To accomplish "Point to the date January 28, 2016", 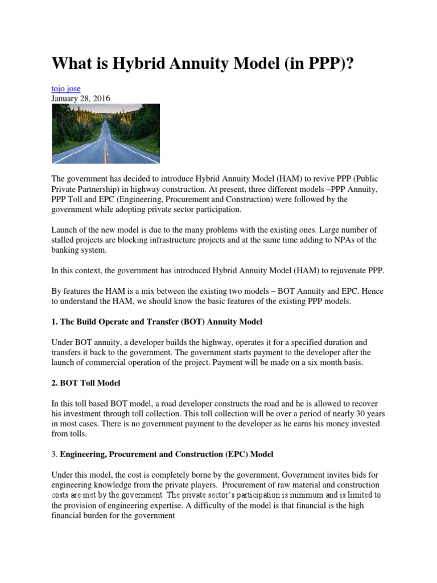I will click(81, 98).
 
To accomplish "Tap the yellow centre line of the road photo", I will click(106, 149).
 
